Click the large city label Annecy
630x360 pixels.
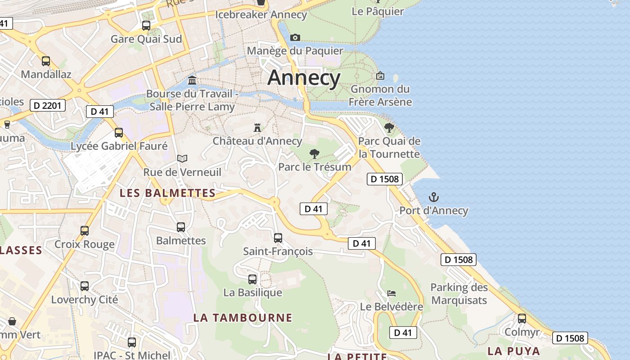304,78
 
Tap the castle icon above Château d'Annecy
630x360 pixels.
257,128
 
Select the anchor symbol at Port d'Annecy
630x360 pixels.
434,197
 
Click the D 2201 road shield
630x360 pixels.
48,106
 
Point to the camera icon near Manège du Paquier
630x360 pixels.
295,37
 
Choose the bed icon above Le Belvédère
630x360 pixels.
391,293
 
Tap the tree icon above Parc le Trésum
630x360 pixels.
315,154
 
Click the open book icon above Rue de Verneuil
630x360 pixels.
182,158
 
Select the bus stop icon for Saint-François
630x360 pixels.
278,238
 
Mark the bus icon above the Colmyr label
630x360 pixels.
522,319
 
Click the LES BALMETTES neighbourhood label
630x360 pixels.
167,193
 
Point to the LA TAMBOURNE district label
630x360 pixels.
243,318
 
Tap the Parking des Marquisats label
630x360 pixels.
459,293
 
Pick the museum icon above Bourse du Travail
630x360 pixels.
192,81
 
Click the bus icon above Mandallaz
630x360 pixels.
46,61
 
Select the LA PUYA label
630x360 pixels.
513,351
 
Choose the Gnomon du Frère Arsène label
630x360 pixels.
380,95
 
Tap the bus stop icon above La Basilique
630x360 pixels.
252,279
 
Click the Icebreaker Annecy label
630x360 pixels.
261,14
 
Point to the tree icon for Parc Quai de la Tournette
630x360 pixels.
389,128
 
